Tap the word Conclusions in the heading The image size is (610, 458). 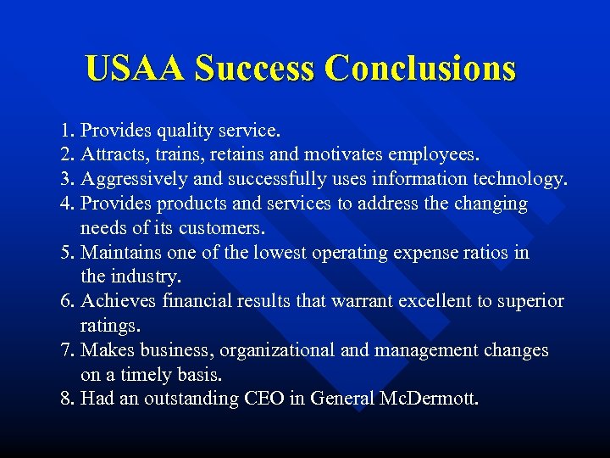point(420,68)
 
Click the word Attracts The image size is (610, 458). point(117,156)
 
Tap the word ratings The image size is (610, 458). point(110,327)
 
